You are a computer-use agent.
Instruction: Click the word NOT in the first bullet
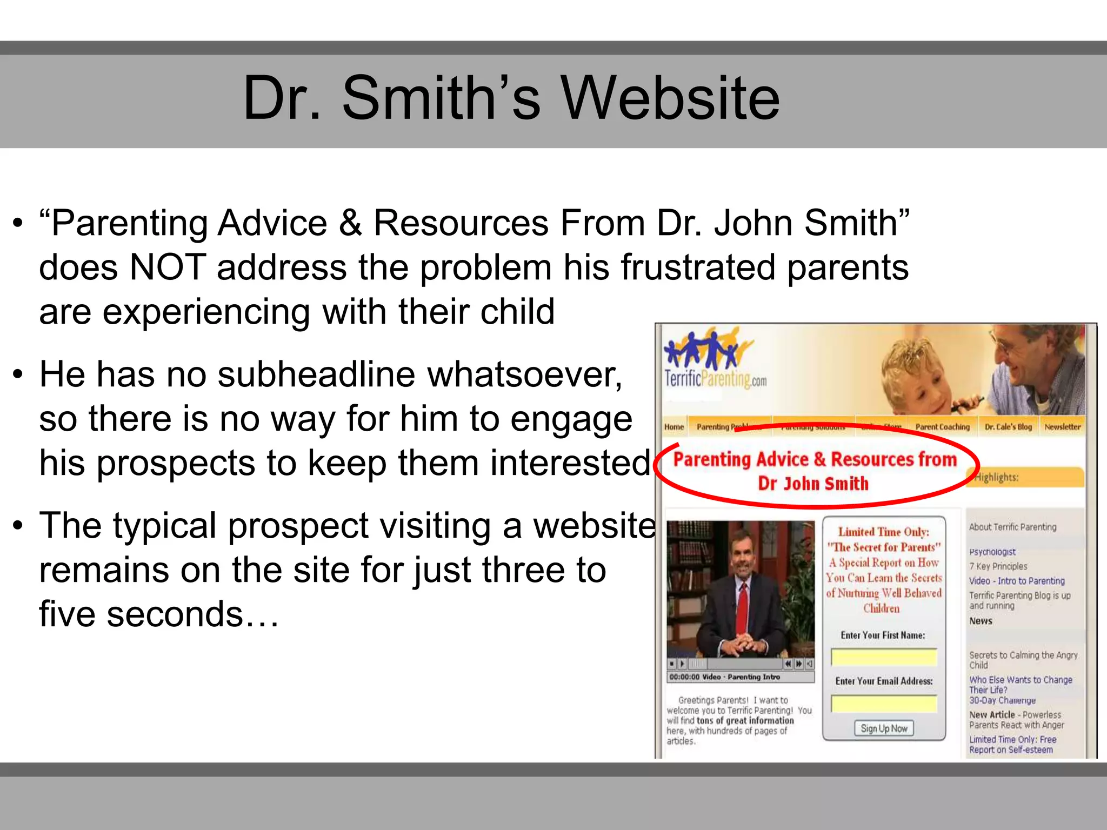click(x=168, y=267)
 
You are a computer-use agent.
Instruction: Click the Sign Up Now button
click(x=884, y=728)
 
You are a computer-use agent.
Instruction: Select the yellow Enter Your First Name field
click(x=884, y=658)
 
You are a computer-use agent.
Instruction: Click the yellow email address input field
click(x=884, y=704)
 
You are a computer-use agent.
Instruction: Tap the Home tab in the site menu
click(x=674, y=427)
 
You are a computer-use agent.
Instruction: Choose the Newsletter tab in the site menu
click(x=1062, y=427)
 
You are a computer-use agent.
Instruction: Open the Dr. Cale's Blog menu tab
click(x=1008, y=427)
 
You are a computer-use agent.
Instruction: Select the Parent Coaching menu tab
click(x=943, y=427)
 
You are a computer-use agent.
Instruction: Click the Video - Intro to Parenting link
click(x=1017, y=581)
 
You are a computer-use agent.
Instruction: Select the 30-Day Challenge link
click(x=1002, y=700)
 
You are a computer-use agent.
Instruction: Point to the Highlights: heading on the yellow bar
click(x=997, y=477)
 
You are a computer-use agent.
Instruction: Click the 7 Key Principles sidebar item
click(x=998, y=566)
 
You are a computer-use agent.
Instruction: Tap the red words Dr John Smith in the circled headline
click(x=813, y=484)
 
